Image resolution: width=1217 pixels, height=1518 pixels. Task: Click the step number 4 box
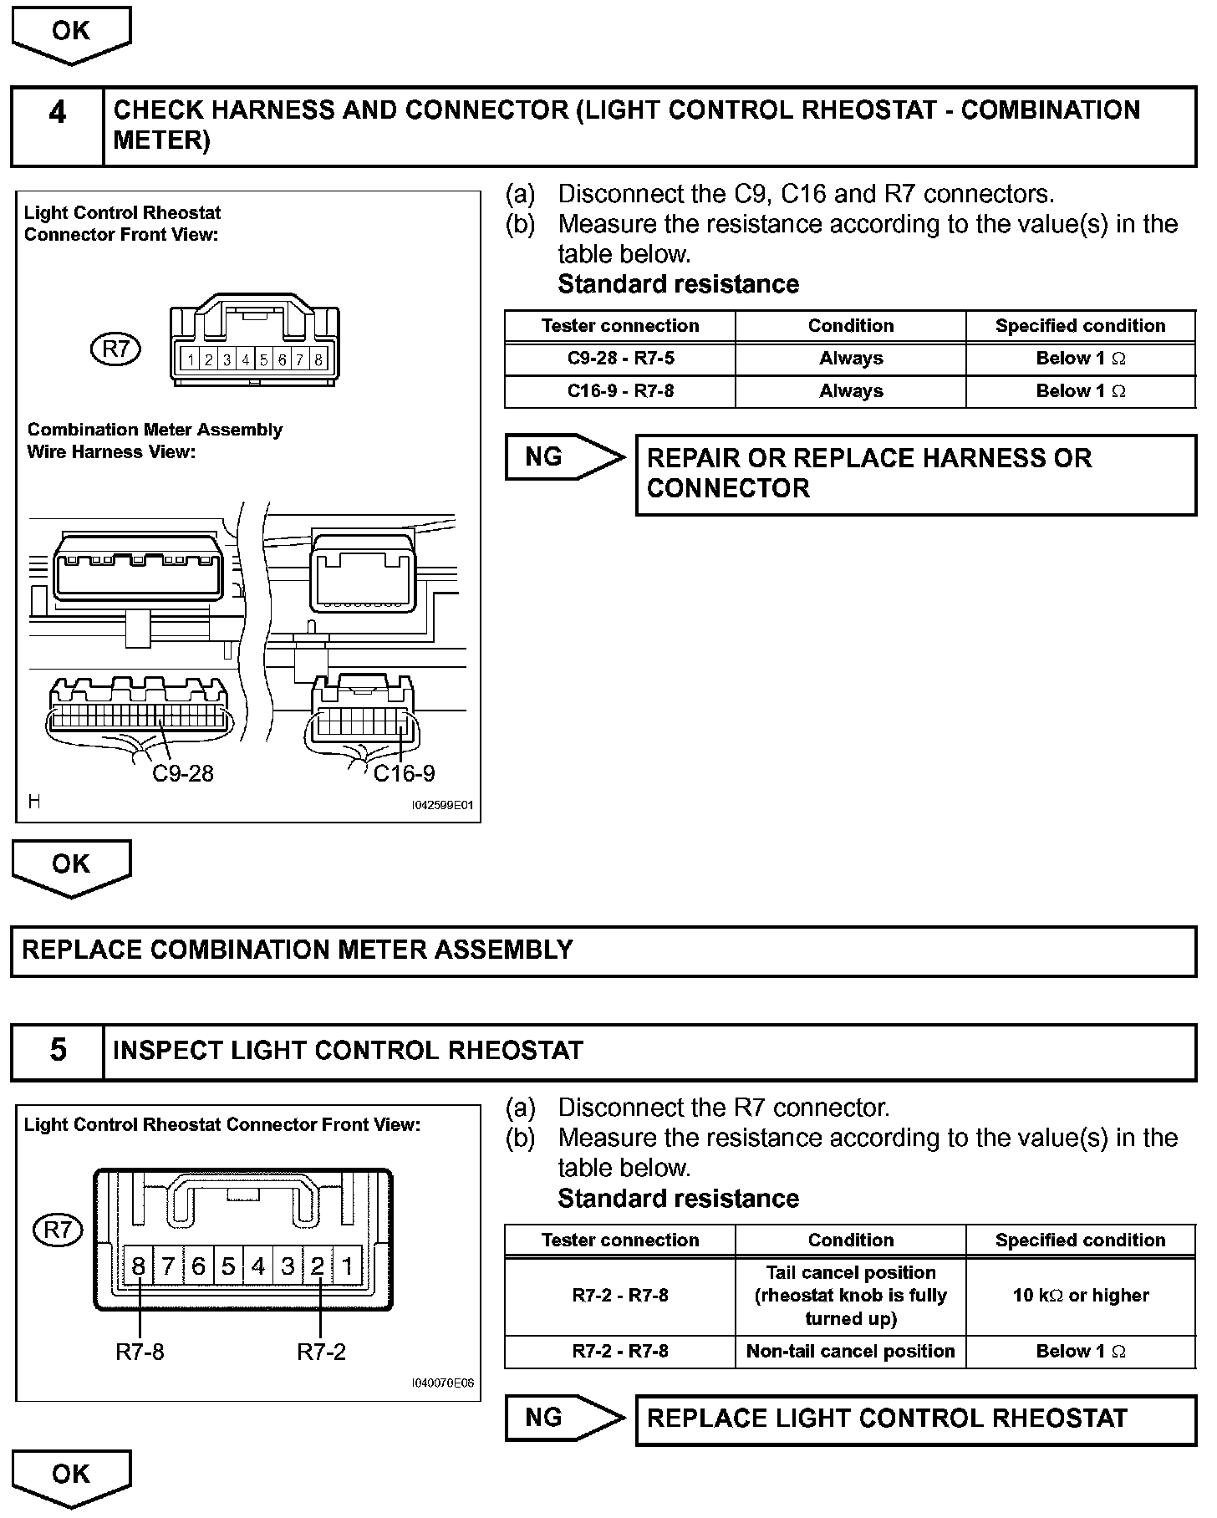(x=57, y=126)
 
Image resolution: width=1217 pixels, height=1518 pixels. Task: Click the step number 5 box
(x=57, y=1052)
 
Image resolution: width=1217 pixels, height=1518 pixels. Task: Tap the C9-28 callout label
(x=182, y=774)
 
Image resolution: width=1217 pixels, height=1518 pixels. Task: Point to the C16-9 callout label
(x=404, y=774)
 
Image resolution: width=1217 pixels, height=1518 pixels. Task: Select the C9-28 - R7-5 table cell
(x=619, y=359)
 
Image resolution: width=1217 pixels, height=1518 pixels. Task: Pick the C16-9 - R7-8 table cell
(x=619, y=391)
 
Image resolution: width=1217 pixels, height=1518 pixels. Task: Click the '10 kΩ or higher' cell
(x=1080, y=1296)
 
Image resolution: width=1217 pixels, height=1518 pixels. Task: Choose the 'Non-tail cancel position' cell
(x=850, y=1352)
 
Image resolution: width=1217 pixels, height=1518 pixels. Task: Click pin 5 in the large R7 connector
(x=228, y=1267)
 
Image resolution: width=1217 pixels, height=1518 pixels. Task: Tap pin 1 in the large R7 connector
(x=348, y=1267)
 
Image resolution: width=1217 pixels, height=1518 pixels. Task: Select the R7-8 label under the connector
(x=140, y=1352)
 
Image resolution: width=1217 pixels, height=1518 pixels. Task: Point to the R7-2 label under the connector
(x=321, y=1352)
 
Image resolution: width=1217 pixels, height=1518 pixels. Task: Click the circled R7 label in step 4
(x=115, y=349)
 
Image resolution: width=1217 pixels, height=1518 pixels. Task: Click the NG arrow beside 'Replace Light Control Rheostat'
(x=563, y=1418)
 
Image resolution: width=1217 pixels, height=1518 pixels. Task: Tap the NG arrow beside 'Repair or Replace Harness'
(x=563, y=457)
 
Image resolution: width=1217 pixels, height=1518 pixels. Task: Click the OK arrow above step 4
(x=71, y=33)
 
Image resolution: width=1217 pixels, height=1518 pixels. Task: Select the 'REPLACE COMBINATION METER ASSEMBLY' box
(x=603, y=950)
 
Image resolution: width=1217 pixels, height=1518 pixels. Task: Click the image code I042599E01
(x=442, y=806)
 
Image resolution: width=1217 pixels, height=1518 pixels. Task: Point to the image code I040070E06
(x=442, y=1383)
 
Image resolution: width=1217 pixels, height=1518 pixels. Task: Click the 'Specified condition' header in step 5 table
(x=1080, y=1240)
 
